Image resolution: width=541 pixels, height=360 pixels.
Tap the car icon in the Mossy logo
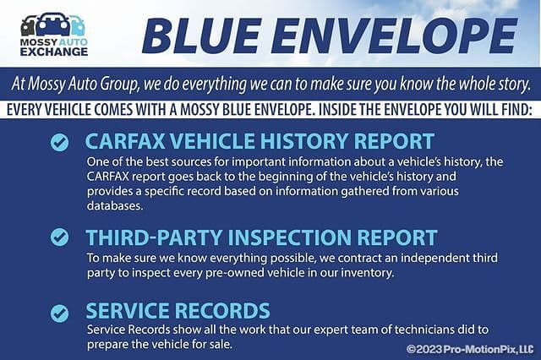[52, 25]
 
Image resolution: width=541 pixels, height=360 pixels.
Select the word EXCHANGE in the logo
[54, 52]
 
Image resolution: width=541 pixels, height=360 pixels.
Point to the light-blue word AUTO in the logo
[74, 42]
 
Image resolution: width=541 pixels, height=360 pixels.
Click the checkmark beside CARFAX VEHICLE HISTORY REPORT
[60, 143]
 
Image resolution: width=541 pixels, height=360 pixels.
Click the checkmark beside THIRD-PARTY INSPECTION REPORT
[60, 237]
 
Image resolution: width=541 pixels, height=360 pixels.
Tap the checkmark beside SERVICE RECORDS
[60, 314]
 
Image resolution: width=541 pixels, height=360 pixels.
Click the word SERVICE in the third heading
[128, 310]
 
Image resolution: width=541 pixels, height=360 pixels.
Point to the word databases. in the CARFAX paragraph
[115, 206]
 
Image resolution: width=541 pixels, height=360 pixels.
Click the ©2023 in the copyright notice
[424, 349]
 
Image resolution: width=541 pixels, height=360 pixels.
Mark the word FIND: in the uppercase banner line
[515, 110]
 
